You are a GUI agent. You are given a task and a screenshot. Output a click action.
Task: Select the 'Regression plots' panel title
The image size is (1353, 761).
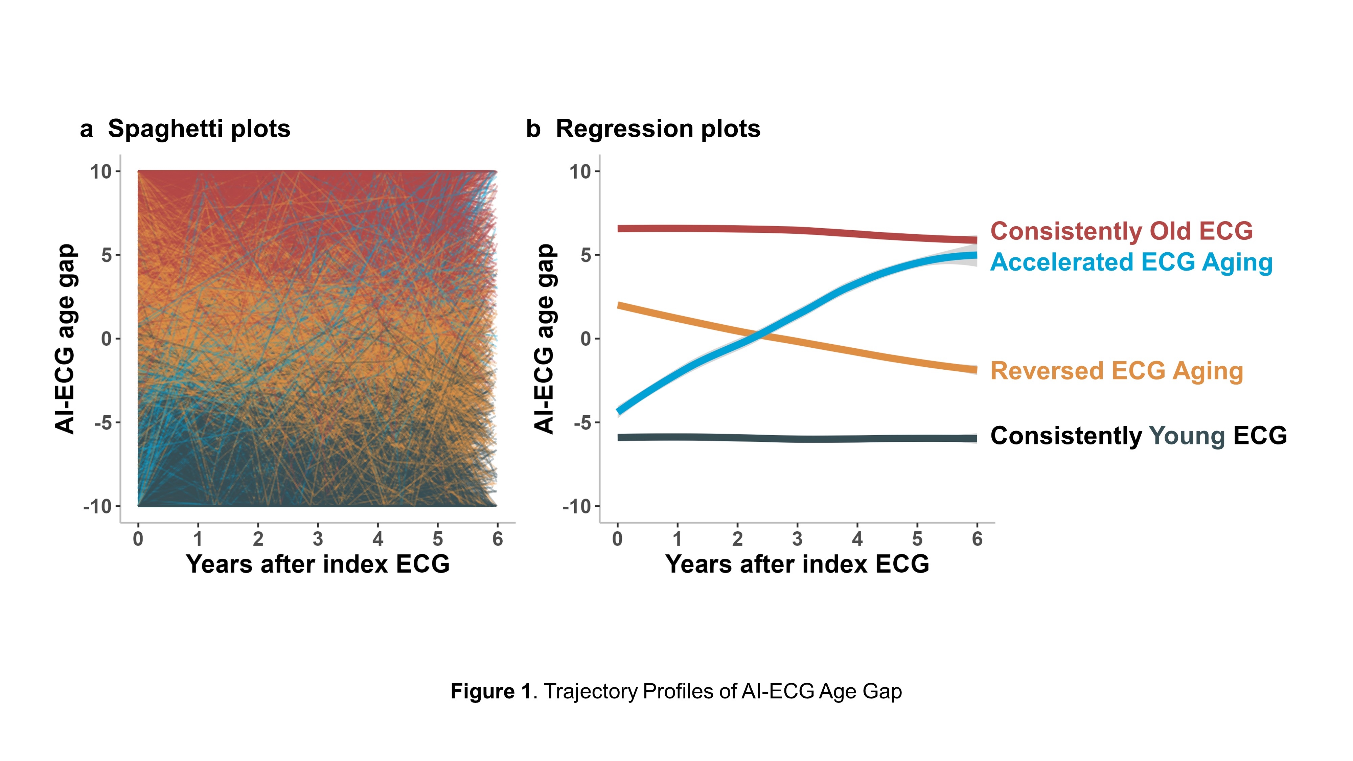[x=658, y=129]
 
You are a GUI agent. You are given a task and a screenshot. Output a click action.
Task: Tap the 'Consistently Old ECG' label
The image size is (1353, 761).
[x=1121, y=231]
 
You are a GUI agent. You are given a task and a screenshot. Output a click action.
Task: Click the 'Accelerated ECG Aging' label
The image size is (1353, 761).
[x=1131, y=262]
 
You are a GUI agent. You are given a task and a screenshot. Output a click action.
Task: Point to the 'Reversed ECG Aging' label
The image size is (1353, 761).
[x=1116, y=371]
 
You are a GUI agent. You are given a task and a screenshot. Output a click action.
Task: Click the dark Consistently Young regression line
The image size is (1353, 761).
[x=788, y=438]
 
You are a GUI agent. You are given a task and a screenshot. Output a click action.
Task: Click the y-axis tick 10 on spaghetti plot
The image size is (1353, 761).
[x=101, y=172]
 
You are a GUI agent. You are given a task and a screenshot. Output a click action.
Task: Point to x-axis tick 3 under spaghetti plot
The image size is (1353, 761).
[x=318, y=539]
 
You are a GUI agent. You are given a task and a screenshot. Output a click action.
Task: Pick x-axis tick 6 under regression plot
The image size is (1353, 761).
[x=977, y=539]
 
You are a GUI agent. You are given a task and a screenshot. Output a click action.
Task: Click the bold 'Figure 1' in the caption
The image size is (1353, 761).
[x=491, y=691]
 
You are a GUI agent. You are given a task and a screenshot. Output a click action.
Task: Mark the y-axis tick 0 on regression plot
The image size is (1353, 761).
[x=586, y=339]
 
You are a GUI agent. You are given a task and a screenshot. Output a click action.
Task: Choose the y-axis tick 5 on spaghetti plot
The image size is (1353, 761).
[x=107, y=255]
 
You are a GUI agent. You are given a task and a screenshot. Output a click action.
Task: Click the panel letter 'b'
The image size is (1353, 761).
[x=533, y=129]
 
